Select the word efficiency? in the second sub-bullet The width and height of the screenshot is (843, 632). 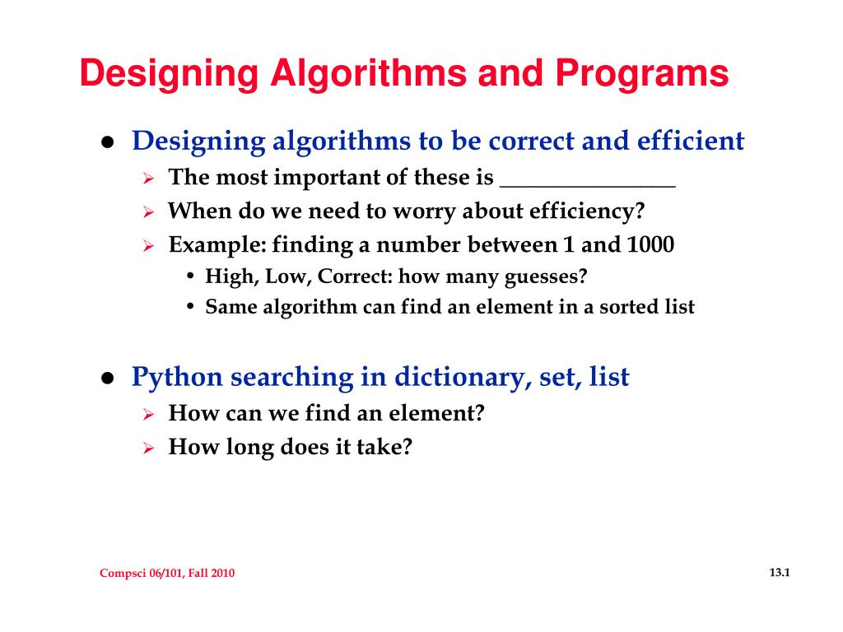click(x=587, y=211)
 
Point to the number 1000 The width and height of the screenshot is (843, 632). click(x=650, y=244)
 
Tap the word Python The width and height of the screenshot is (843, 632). click(x=177, y=378)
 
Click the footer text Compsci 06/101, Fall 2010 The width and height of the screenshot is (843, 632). click(x=167, y=574)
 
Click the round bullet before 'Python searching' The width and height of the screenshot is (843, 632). click(x=107, y=379)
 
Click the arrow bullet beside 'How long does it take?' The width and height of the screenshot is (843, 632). click(x=149, y=448)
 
